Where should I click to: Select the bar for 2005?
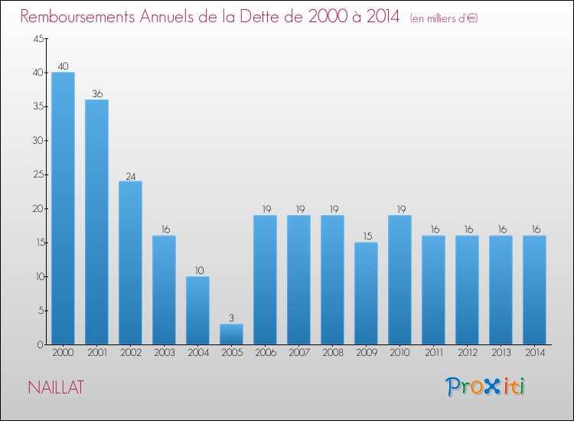(x=231, y=334)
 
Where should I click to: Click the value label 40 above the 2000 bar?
(x=63, y=67)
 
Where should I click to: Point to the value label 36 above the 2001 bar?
(x=96, y=94)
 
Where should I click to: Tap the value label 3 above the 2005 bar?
(x=231, y=318)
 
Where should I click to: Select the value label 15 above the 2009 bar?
(x=366, y=237)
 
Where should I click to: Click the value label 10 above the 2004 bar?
(x=197, y=271)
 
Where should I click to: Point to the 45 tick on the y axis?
(x=37, y=39)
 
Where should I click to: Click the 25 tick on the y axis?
(x=37, y=175)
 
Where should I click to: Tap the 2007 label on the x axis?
(x=298, y=354)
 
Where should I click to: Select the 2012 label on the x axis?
(x=467, y=354)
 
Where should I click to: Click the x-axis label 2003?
(x=164, y=354)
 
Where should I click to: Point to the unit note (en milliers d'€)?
(x=444, y=18)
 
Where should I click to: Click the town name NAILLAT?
(x=56, y=387)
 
